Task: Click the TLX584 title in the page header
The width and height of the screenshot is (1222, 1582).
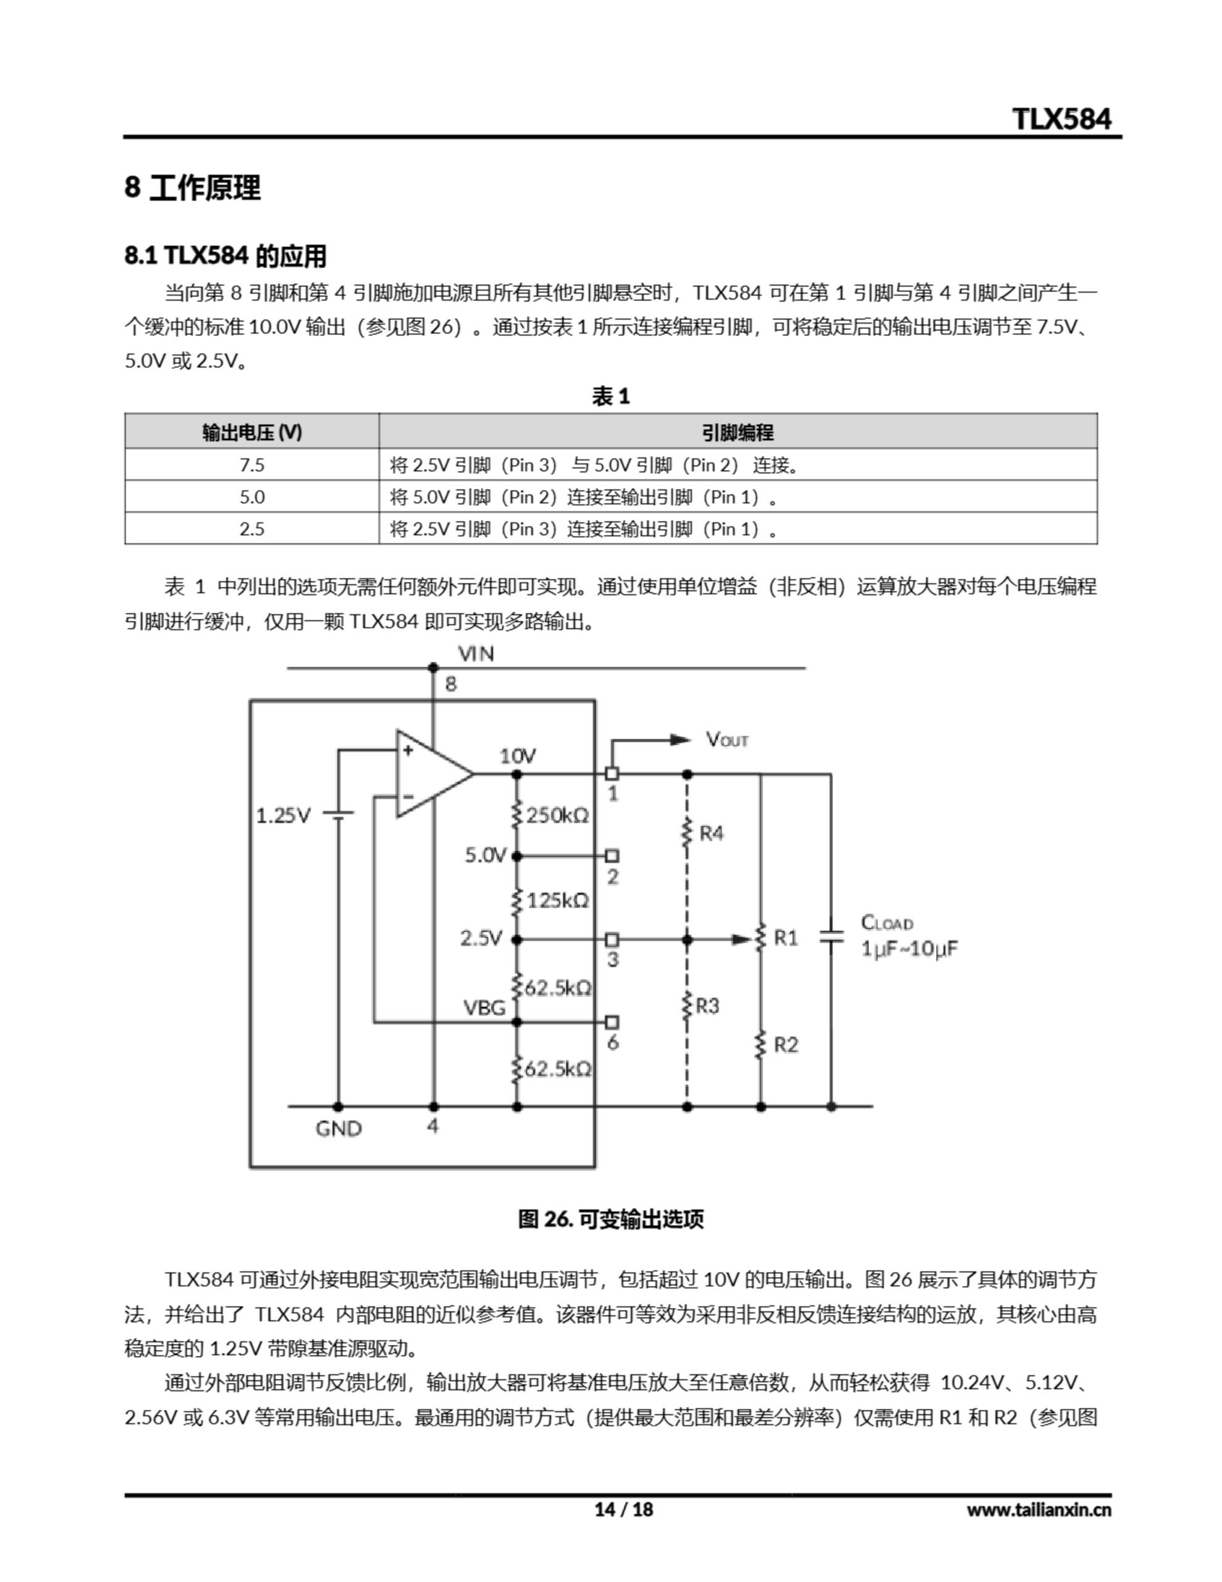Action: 1061,119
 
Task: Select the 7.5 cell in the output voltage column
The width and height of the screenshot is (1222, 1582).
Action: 251,465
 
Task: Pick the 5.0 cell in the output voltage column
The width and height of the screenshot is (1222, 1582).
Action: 251,497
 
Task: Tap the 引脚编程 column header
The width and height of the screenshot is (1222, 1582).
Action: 738,433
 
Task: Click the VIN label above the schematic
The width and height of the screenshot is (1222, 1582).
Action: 476,654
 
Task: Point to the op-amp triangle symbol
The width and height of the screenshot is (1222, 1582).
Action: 431,773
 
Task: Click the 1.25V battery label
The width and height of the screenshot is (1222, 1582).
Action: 283,816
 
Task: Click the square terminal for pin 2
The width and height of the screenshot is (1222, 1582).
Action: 612,856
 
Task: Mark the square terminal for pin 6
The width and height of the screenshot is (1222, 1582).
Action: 612,1022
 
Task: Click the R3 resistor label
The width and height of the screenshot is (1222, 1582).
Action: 708,1005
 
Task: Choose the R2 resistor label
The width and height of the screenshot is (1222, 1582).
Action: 785,1044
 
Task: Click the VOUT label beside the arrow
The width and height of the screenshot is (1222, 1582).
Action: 727,740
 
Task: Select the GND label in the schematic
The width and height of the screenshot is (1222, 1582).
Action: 339,1128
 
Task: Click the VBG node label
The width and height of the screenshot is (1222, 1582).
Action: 484,1007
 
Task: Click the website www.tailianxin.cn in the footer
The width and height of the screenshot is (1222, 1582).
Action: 1038,1509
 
